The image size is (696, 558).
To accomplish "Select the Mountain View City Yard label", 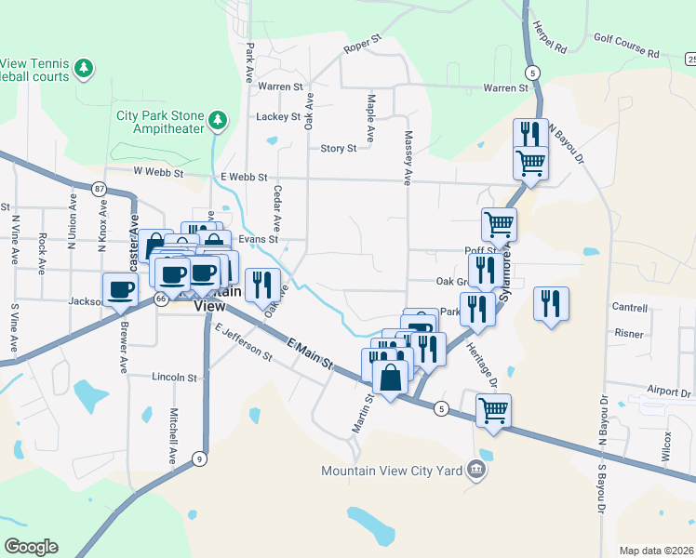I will [x=392, y=471].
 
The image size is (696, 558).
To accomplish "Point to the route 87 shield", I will [x=100, y=189].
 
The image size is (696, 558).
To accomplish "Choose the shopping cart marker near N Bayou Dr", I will [x=530, y=163].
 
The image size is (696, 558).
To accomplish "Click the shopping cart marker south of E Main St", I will [x=492, y=409].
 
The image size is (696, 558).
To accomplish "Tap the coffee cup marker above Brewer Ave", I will [x=118, y=289].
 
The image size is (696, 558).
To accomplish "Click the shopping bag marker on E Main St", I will [x=389, y=378].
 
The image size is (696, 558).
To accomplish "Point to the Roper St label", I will [x=363, y=43].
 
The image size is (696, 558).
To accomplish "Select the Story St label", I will [x=338, y=149].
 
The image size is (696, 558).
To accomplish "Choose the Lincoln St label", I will [x=175, y=379].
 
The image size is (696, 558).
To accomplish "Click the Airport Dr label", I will [x=669, y=392].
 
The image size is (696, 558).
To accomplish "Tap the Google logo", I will [x=31, y=547].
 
